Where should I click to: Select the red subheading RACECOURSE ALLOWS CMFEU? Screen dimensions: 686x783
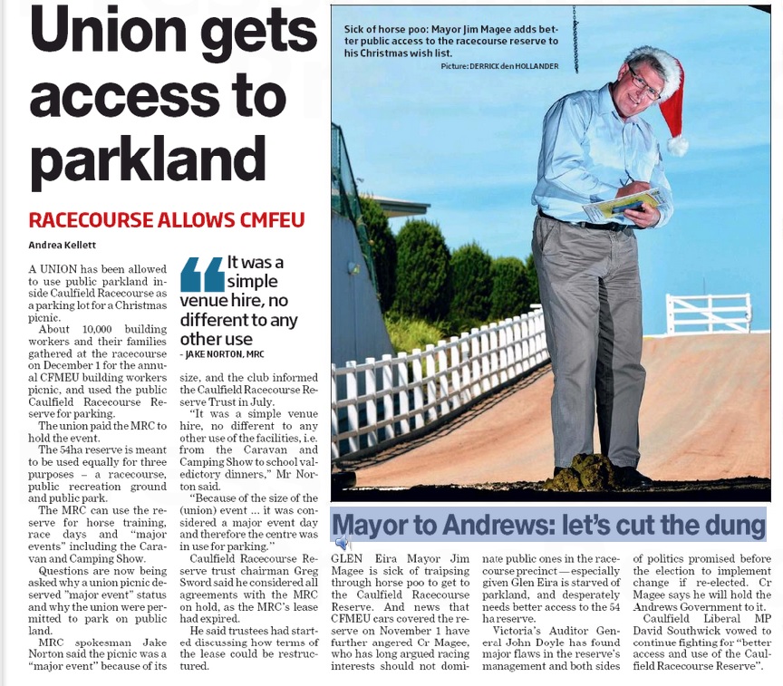click(x=166, y=220)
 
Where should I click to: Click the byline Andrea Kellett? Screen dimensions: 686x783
click(x=63, y=245)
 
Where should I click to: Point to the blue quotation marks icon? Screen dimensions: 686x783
click(x=201, y=275)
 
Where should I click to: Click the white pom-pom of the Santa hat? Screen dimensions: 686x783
click(x=676, y=144)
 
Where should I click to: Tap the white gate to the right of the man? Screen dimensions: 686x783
click(x=708, y=313)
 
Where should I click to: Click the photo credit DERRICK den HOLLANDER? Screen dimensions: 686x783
click(x=513, y=67)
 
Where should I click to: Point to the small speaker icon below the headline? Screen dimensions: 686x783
click(x=341, y=543)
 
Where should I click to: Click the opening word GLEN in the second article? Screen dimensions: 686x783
click(x=347, y=559)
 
